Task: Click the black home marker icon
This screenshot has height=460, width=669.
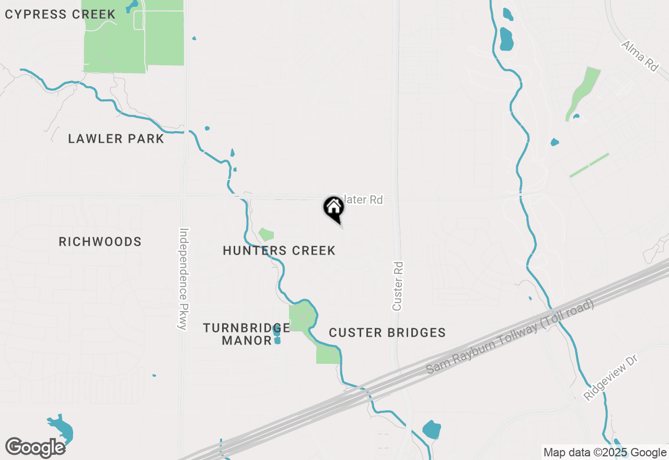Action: coord(333,208)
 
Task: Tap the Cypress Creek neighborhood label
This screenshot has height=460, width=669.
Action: coord(60,14)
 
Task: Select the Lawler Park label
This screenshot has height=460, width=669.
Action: coord(116,139)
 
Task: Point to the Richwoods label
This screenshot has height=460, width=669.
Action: coord(100,241)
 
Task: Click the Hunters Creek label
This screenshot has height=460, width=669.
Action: coord(279,250)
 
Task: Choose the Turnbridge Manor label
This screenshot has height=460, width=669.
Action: coord(246,334)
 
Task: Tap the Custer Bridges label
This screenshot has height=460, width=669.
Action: coord(387,332)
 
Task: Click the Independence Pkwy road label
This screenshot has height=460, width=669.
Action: coord(183,279)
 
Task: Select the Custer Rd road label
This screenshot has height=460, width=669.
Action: coord(398,286)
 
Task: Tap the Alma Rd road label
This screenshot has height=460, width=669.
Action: coord(639,56)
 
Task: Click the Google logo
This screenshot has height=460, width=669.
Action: coord(36,447)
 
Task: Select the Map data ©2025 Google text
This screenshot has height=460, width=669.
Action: coord(605,452)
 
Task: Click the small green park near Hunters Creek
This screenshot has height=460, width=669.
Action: coord(266,235)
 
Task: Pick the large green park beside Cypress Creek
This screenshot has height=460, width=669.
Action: coord(134,36)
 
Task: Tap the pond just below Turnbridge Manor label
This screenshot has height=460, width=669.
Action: coord(277,340)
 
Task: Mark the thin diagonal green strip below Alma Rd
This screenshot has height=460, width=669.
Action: coord(589,165)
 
